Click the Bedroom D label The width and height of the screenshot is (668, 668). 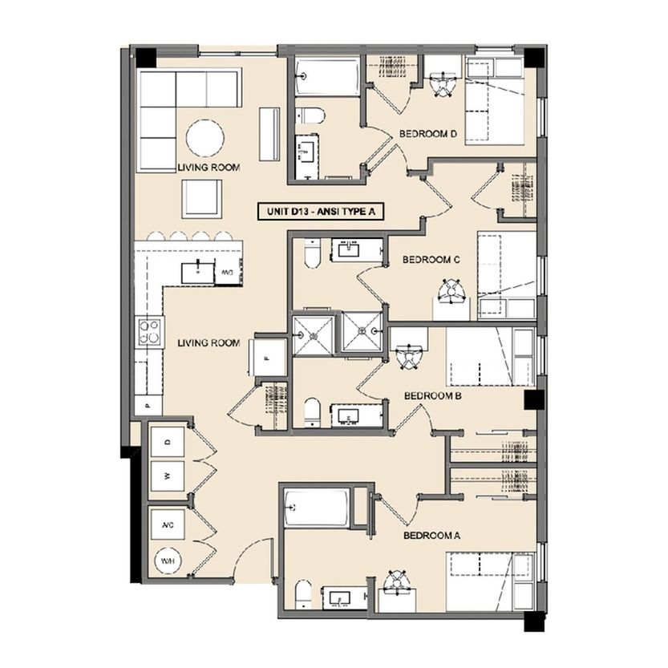[427, 134]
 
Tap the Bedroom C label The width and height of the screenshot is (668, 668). [431, 260]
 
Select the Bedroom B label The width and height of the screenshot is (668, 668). [433, 396]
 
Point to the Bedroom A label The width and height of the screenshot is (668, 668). [432, 536]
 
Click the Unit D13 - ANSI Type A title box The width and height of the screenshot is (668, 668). [321, 212]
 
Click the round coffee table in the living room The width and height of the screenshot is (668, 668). [205, 139]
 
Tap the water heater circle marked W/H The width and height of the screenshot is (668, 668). [168, 561]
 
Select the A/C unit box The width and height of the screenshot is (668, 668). [168, 524]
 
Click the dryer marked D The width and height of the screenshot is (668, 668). [168, 442]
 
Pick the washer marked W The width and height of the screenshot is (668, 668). [168, 476]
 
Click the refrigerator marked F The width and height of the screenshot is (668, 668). [268, 358]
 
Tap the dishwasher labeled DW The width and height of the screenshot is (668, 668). [228, 272]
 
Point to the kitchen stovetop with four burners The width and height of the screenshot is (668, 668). [149, 332]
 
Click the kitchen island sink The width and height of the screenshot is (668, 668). [197, 273]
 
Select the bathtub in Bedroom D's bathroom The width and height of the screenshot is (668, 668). [326, 77]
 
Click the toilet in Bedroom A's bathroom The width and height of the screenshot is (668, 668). [303, 594]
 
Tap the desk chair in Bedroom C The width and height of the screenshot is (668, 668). [451, 290]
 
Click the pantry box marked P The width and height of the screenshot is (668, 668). [148, 405]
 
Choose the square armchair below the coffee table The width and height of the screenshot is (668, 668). [202, 199]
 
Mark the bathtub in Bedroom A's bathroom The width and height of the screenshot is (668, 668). [318, 508]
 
